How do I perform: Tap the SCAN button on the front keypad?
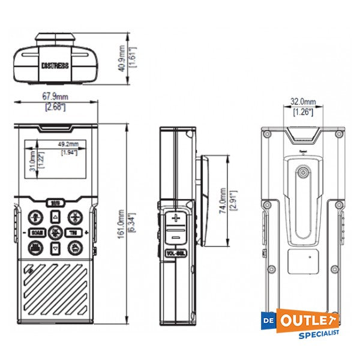[x=35, y=232]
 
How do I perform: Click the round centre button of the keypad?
[x=55, y=232]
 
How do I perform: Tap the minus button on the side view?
[x=176, y=237]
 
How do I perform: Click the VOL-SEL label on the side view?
[x=175, y=253]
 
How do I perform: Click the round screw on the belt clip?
[x=303, y=173]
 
